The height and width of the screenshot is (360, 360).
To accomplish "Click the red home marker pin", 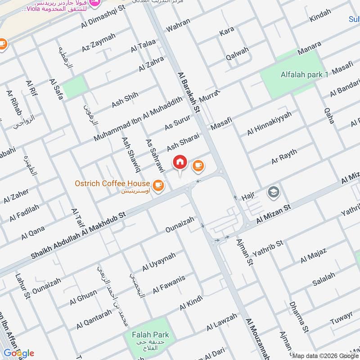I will tap(180, 162).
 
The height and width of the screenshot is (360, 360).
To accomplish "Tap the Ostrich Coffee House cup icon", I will tap(157, 184).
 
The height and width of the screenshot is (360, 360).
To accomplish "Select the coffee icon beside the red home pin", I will tap(198, 166).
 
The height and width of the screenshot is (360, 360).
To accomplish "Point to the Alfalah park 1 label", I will tap(305, 75).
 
